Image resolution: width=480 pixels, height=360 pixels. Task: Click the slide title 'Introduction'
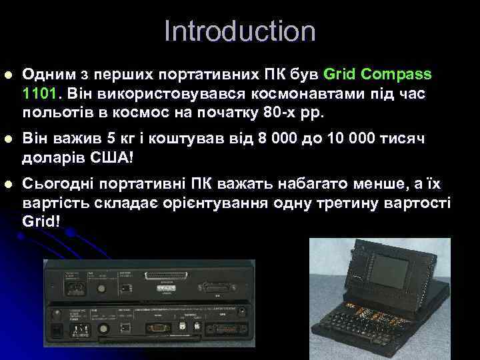(x=239, y=31)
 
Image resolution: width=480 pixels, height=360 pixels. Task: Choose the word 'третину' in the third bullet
(x=345, y=202)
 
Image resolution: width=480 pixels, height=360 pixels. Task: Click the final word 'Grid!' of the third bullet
(x=41, y=219)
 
